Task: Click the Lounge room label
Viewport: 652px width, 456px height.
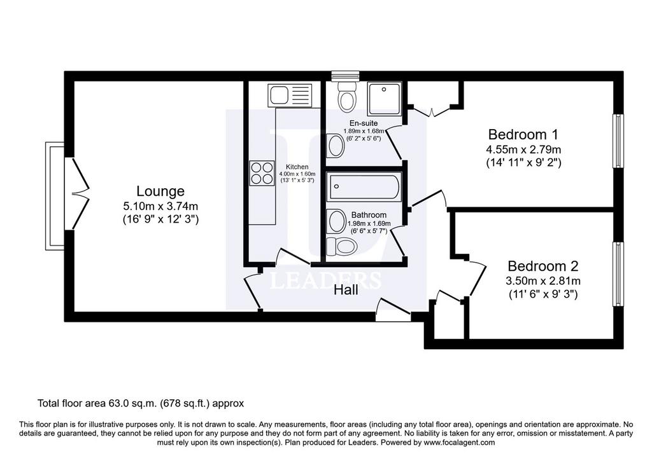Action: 160,191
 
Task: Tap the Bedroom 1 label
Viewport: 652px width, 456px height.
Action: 523,135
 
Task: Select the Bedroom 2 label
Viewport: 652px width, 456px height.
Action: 543,266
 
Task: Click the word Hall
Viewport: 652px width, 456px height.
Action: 346,290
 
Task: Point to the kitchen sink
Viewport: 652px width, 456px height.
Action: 290,95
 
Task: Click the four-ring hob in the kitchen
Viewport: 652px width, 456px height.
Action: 262,173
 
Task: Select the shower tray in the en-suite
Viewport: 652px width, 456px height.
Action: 385,99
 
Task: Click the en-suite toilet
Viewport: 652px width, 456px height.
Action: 346,96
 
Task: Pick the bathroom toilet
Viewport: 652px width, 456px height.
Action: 342,246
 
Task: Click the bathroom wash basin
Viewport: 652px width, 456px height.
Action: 337,221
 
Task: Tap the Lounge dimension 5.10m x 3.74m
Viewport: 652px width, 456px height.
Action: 160,206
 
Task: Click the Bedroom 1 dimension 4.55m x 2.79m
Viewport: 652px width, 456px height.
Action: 523,149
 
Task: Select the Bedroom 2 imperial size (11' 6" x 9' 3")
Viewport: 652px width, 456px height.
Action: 543,294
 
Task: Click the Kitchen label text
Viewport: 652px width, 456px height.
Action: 297,167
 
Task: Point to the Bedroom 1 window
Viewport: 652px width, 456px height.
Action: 618,141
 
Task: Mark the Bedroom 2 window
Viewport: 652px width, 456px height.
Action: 618,274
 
